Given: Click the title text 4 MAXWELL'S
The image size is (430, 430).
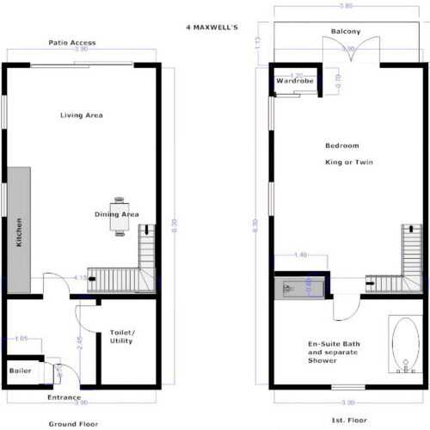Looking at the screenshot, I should pyautogui.click(x=212, y=27).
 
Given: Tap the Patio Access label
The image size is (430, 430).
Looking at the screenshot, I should pyautogui.click(x=72, y=42).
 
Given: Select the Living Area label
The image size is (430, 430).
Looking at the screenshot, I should pyautogui.click(x=82, y=114).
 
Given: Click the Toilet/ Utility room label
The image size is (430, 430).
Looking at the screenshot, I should pyautogui.click(x=122, y=336).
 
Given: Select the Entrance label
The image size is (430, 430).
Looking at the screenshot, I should pyautogui.click(x=64, y=397).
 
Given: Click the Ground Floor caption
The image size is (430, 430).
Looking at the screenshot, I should pyautogui.click(x=73, y=424).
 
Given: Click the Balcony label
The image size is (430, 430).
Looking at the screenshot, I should pyautogui.click(x=346, y=33).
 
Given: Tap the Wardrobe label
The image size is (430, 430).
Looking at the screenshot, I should pyautogui.click(x=292, y=82).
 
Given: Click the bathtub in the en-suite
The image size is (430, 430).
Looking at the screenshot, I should pyautogui.click(x=402, y=350).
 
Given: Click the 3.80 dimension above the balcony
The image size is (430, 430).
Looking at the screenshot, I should pyautogui.click(x=345, y=6).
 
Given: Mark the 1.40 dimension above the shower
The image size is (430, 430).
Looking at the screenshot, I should pyautogui.click(x=299, y=255).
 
